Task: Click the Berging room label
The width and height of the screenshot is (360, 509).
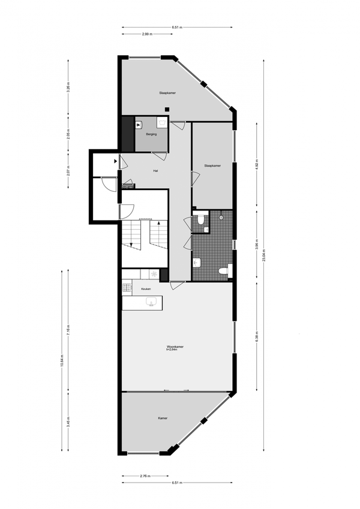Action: (x=151, y=135)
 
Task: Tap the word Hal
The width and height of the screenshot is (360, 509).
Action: (x=155, y=171)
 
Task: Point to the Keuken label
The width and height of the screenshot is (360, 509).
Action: (x=146, y=289)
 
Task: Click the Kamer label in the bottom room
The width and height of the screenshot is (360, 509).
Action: (x=162, y=418)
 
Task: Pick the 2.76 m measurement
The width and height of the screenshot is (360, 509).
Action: (x=145, y=476)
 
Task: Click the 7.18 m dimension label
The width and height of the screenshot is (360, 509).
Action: (x=68, y=330)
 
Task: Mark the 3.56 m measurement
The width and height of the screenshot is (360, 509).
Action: (x=257, y=246)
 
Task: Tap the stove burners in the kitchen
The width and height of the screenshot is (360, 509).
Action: (x=126, y=289)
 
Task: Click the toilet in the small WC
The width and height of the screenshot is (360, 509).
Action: (x=202, y=220)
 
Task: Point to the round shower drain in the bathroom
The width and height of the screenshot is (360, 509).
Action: (x=221, y=218)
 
